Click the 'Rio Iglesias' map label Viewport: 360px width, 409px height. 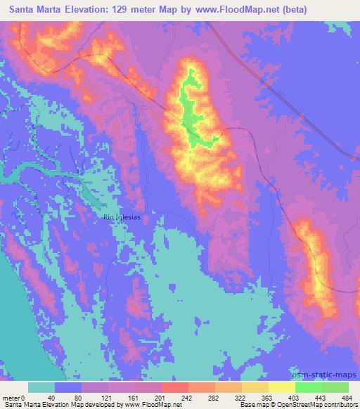click(x=122, y=217)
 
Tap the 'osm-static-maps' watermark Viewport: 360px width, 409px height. click(x=323, y=372)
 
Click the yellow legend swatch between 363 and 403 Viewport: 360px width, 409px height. click(x=281, y=387)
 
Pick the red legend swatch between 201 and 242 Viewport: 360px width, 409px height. click(x=174, y=387)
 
